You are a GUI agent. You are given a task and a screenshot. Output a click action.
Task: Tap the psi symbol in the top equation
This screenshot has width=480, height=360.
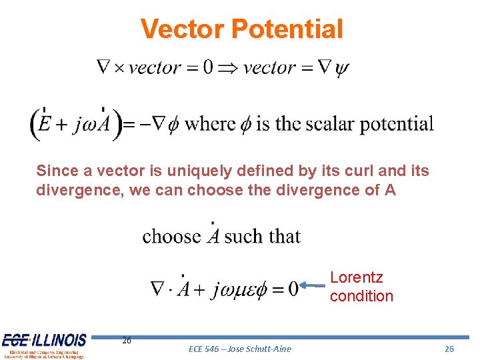tap(343, 68)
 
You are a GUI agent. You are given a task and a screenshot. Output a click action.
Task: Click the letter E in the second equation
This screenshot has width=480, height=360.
tap(45, 125)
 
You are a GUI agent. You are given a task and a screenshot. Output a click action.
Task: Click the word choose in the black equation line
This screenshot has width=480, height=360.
tap(171, 236)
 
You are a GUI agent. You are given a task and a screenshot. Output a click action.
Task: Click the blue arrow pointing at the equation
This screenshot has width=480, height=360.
tap(313, 285)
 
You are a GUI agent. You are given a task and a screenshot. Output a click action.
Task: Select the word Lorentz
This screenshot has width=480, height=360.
tap(357, 277)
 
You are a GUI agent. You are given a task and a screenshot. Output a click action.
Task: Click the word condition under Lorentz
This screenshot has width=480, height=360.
tap(361, 295)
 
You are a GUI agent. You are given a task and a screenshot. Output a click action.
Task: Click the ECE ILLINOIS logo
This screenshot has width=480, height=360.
tap(44, 345)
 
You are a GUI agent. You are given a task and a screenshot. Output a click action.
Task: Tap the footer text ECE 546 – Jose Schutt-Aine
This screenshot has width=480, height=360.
tap(240, 349)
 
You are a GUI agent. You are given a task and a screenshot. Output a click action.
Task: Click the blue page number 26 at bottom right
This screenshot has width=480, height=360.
tap(449, 349)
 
